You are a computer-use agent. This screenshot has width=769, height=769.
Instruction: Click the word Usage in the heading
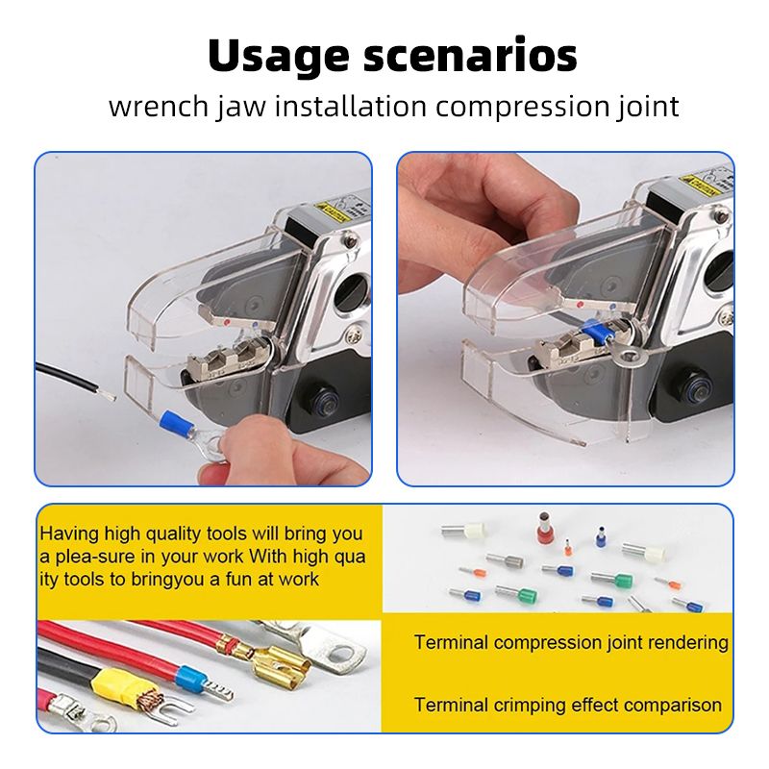pos(278,57)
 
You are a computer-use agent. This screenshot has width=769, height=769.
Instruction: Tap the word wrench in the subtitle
pos(159,107)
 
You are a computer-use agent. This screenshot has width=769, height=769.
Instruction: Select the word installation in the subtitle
pos(351,106)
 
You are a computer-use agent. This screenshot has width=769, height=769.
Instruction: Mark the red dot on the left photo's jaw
pos(226,322)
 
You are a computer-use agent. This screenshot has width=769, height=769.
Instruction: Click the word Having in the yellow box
pos(69,534)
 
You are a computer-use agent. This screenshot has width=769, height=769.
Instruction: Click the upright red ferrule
pos(543,527)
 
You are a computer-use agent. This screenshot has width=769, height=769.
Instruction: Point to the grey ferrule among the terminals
pos(506,559)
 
